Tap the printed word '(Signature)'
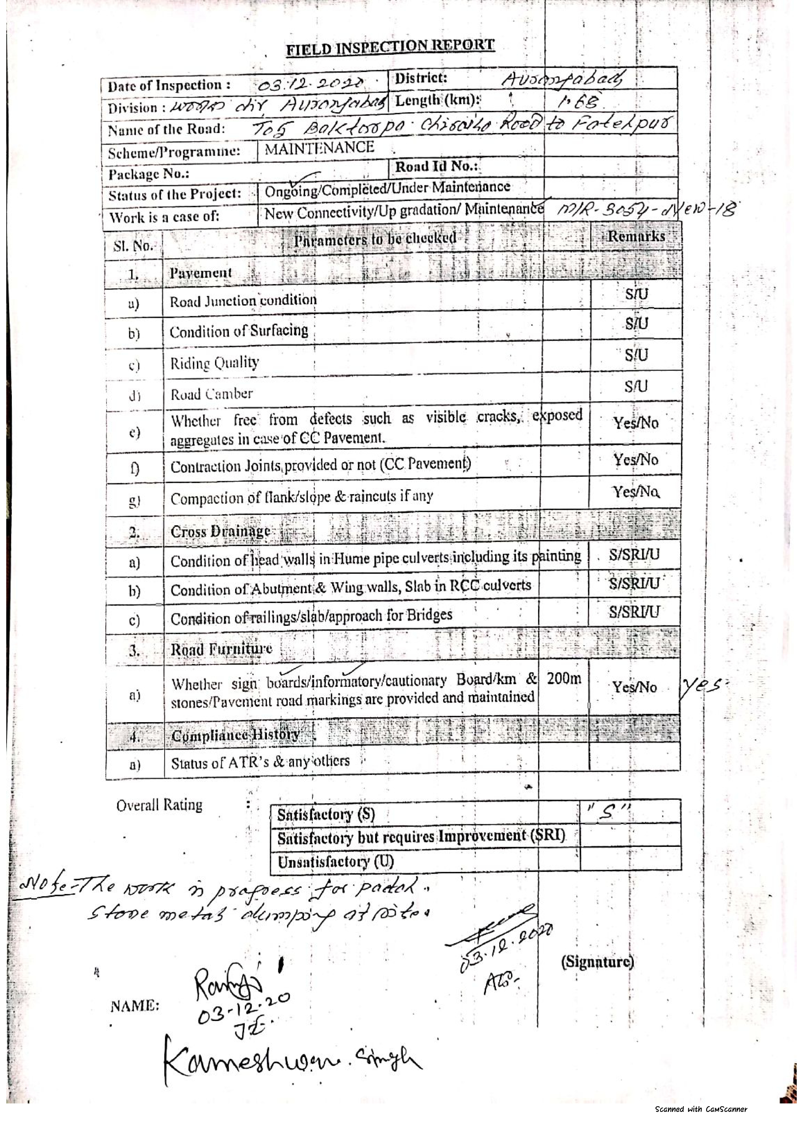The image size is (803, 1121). tap(597, 961)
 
